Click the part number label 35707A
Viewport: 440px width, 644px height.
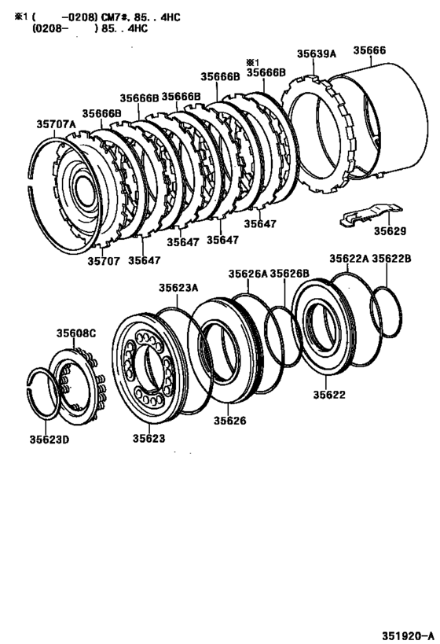click(x=56, y=123)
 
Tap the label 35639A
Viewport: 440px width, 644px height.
click(x=316, y=53)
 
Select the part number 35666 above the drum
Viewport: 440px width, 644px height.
click(x=368, y=50)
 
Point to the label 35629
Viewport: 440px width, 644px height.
click(x=390, y=232)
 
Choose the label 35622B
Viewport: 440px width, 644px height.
click(x=391, y=258)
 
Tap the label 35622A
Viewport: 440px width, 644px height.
click(x=349, y=258)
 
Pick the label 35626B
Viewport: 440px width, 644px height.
click(x=290, y=274)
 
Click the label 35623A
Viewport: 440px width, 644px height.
click(x=178, y=288)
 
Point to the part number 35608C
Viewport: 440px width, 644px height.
click(x=75, y=333)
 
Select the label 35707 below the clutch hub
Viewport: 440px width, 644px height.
click(x=103, y=260)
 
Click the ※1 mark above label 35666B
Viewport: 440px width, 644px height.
click(x=251, y=61)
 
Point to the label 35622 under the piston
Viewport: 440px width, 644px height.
click(x=329, y=395)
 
